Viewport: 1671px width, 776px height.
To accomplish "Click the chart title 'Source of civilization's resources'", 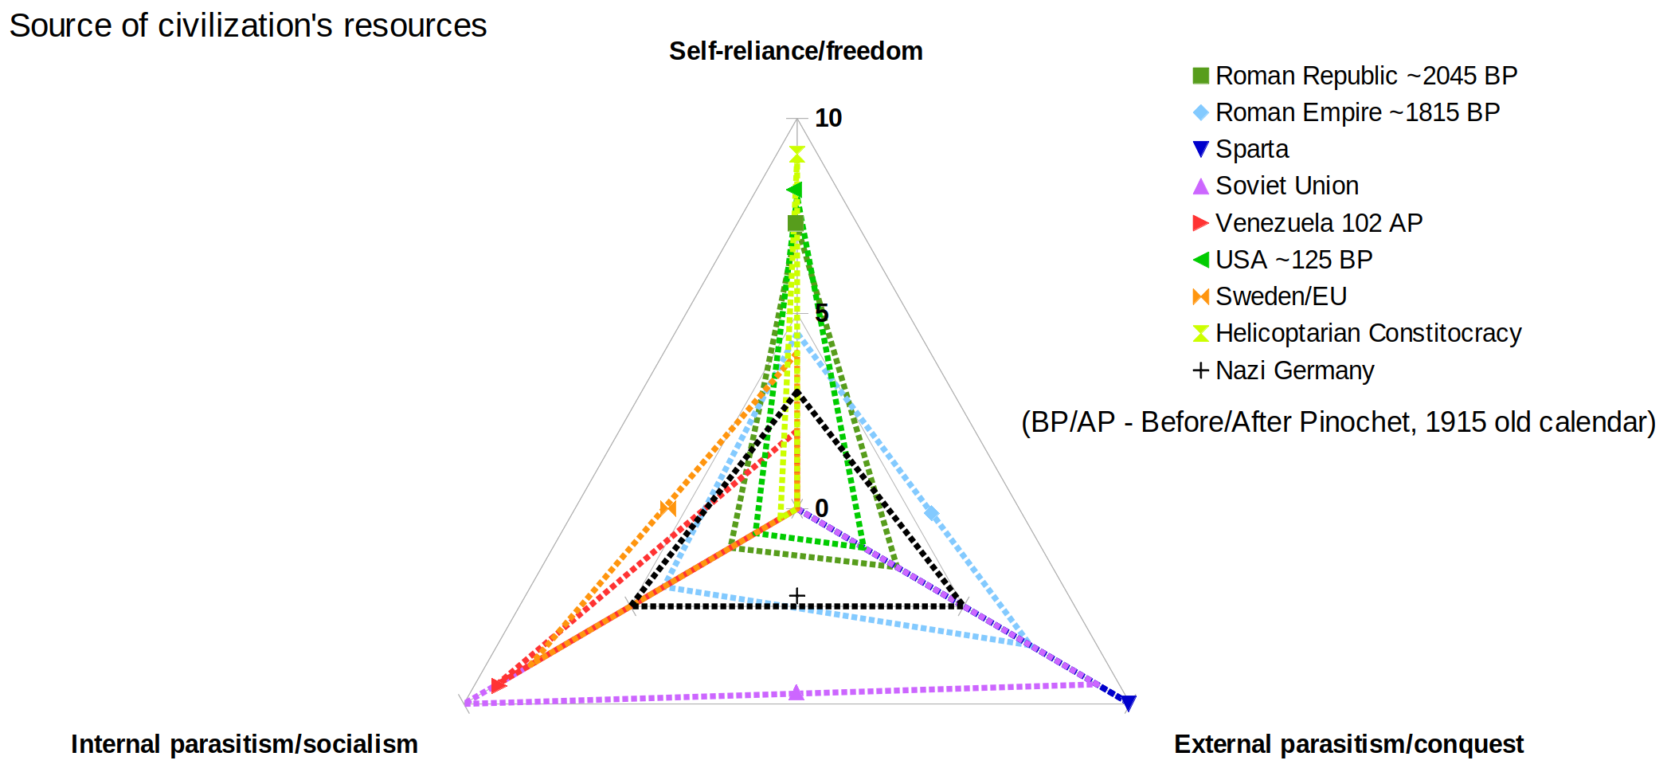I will click(248, 26).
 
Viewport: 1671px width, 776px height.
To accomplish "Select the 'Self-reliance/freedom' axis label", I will click(796, 51).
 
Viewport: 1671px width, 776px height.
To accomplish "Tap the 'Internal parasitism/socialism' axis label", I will click(245, 744).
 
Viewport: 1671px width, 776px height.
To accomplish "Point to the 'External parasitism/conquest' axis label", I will click(1348, 744).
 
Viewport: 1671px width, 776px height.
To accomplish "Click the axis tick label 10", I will click(828, 118).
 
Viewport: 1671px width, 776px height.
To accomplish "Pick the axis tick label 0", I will click(822, 508).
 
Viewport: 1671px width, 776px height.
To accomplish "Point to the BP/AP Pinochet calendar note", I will click(1338, 422).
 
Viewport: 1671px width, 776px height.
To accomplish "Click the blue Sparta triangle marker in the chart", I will click(1128, 702).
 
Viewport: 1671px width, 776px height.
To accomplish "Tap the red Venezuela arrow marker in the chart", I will click(498, 685).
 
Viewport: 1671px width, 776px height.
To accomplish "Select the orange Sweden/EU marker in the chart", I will click(668, 508).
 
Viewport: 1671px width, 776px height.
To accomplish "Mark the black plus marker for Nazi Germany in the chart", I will click(796, 596).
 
